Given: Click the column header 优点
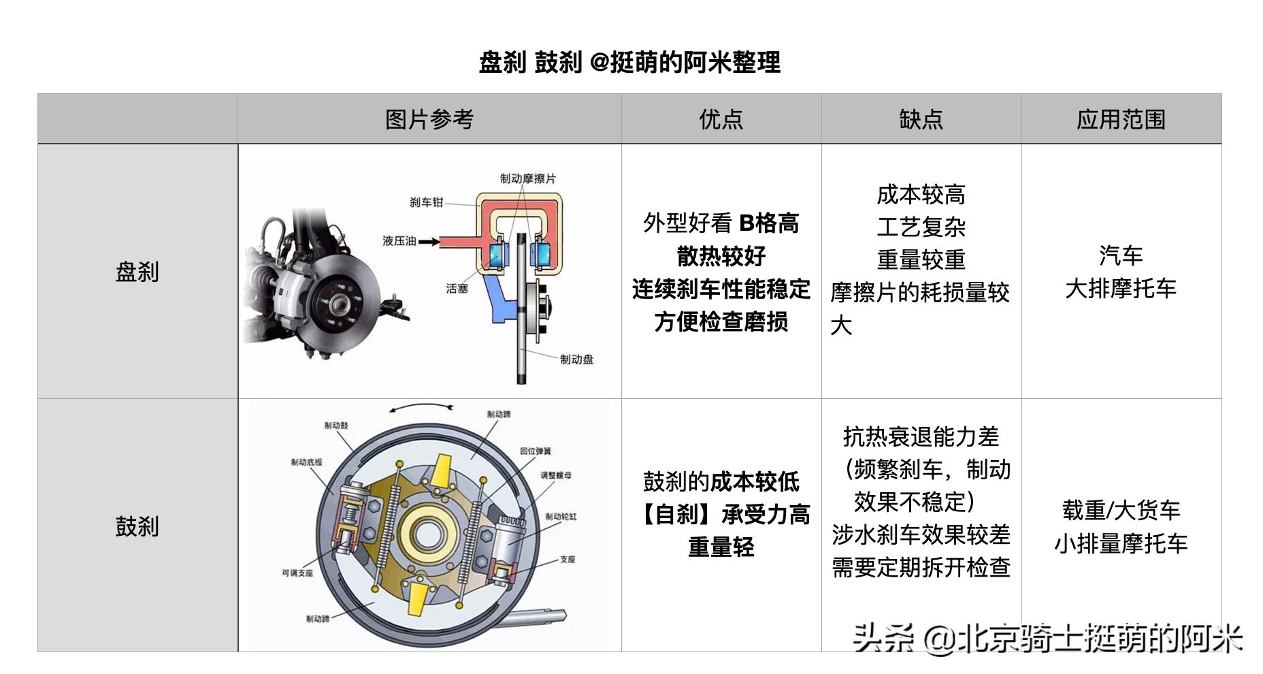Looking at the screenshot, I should coord(721,119).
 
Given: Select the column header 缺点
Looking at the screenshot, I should coord(921,119).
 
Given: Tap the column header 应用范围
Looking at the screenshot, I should coord(1121,119).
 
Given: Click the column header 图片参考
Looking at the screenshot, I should coord(429,119).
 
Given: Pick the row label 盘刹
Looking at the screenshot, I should coord(137,272).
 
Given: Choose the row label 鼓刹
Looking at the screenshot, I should coord(137,526).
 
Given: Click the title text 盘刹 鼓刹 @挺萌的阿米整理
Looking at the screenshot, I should coord(629,63).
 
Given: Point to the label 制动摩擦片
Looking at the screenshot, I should coord(527,178).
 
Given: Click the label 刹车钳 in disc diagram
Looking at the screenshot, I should coord(426,202).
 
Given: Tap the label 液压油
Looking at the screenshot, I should coord(399,241).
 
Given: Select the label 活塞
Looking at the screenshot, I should coord(457,289).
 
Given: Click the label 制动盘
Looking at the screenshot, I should coord(576,359).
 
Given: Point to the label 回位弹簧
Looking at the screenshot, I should coord(535,451).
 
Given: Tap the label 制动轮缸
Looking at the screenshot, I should coord(560,517).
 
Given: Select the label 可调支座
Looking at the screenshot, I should coord(297,573).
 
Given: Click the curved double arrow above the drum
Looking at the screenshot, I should coord(421,407).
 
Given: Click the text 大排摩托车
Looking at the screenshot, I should coord(1121,289).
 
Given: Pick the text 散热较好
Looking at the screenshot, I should coord(721,256).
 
